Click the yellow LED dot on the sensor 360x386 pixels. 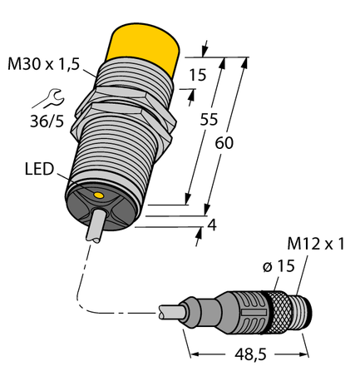coord(99,195)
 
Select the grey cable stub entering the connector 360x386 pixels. coord(175,314)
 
